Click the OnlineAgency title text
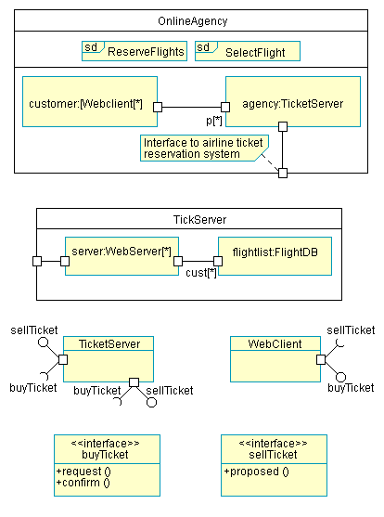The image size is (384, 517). (193, 21)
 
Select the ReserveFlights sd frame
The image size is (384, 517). (134, 51)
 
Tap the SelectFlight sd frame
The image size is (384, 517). (248, 51)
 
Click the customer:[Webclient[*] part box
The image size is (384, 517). (90, 101)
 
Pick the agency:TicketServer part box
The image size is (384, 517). (293, 101)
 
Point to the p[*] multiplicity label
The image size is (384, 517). (214, 121)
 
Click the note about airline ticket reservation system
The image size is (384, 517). (204, 148)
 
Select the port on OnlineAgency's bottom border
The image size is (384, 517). (283, 173)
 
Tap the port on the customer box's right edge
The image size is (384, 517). (158, 107)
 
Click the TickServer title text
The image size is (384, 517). (199, 220)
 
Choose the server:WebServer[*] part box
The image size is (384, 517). (122, 256)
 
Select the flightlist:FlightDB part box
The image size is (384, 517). (275, 256)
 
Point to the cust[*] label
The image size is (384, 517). (201, 273)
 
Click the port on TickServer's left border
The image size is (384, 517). (37, 261)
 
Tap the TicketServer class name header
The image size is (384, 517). (109, 343)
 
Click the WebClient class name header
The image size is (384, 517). (275, 343)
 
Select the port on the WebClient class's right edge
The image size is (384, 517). (321, 359)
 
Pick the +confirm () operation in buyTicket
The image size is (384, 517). (83, 483)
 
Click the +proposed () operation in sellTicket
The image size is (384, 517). (256, 472)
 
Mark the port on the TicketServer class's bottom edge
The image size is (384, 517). (134, 382)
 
